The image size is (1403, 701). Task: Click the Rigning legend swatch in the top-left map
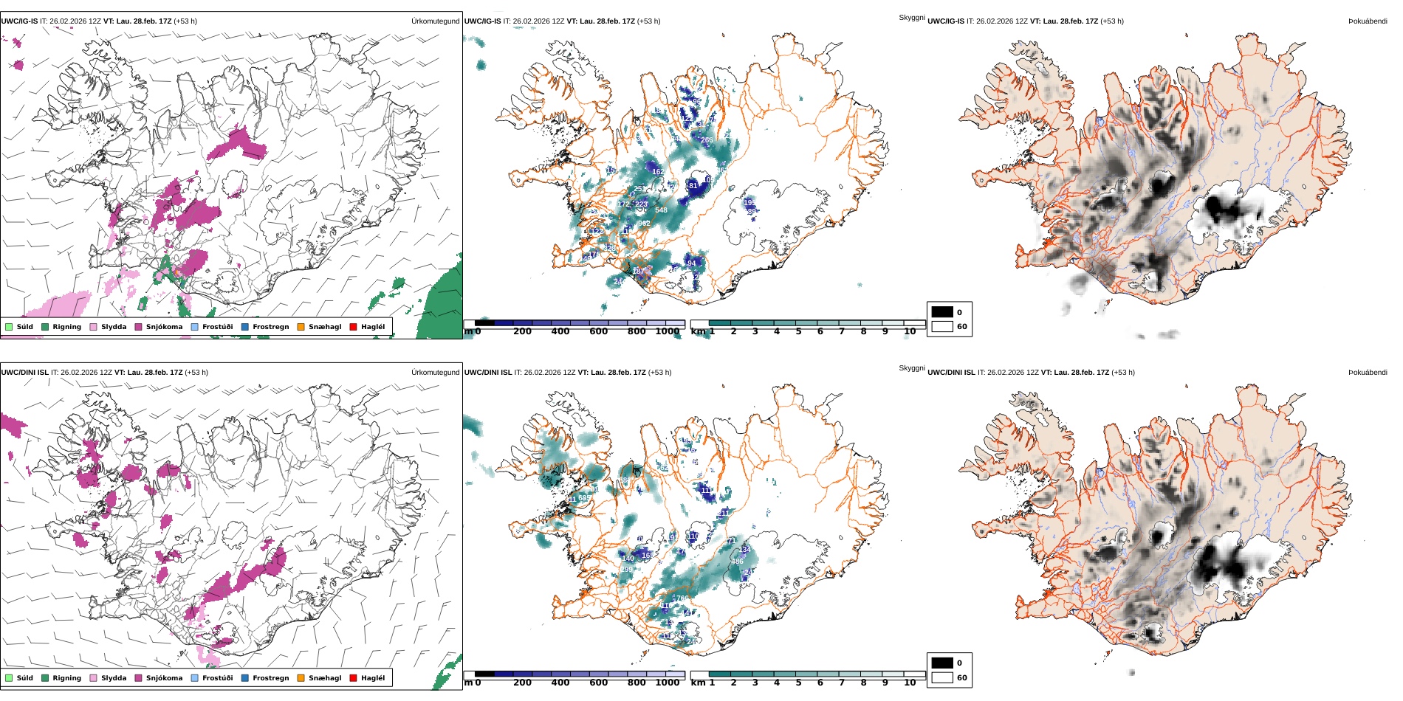(45, 327)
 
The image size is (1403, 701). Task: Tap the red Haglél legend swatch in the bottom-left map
(354, 678)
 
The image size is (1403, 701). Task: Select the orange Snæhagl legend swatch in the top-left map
(301, 327)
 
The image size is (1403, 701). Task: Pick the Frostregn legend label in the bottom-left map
(270, 678)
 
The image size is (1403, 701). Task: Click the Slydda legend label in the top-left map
(114, 327)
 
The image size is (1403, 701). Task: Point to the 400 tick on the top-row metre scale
(560, 331)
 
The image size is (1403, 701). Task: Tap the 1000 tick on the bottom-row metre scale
(668, 683)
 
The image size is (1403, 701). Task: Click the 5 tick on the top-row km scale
(798, 331)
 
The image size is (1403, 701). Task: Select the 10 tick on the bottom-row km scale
(910, 683)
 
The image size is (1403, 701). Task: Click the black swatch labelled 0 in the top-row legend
(942, 312)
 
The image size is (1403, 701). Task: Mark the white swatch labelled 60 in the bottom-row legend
(942, 677)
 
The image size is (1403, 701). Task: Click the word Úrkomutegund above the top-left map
(435, 21)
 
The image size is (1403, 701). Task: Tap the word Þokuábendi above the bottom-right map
(1368, 373)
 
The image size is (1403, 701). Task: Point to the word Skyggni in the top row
(911, 18)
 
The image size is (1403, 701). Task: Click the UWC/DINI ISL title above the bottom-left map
(24, 373)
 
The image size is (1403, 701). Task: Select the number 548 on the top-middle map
(661, 210)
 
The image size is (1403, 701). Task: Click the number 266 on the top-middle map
(707, 140)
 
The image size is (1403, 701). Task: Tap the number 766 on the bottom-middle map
(682, 599)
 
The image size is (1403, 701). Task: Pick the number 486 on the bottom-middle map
(737, 562)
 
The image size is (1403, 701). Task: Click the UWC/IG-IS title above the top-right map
(946, 21)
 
